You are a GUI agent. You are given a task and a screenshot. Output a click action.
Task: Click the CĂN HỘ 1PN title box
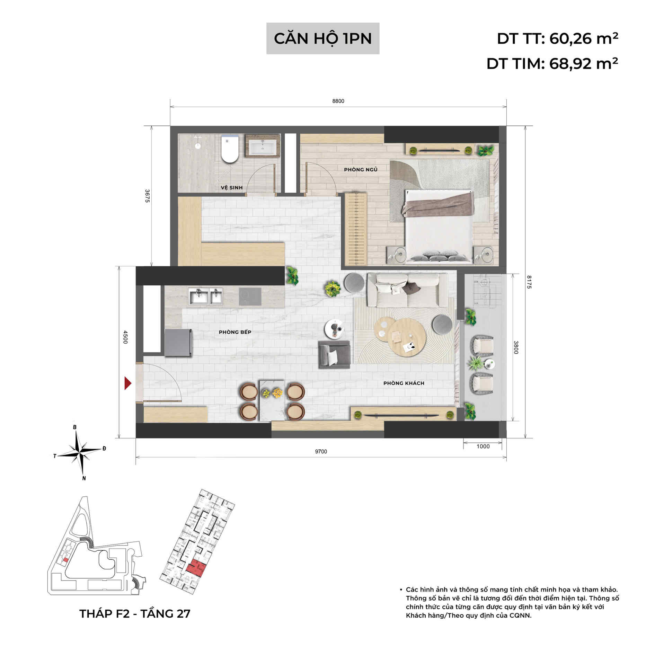coord(322,38)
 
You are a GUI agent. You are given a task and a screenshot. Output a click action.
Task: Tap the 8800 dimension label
coord(338,101)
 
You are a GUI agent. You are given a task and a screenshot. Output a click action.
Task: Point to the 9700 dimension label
coord(321,451)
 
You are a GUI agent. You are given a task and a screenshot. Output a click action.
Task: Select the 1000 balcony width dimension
coord(483,446)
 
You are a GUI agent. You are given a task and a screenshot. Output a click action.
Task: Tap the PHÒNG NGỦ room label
coord(361,169)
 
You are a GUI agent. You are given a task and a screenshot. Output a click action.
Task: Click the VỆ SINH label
coord(232,187)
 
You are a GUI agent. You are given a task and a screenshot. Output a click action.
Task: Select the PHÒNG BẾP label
coord(235,332)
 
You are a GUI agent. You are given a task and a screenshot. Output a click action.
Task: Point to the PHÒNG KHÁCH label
coord(404,383)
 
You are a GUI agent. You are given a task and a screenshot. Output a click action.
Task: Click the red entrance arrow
coord(128,383)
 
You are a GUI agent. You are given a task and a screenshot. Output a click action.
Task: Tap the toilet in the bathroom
coord(230,149)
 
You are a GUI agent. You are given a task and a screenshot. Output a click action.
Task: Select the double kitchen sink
coord(205,297)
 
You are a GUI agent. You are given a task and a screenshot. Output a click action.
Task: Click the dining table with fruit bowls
coord(272,400)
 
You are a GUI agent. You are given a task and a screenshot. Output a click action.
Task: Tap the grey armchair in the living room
coord(334,354)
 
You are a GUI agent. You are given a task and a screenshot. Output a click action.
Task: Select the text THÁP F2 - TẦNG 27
coord(135,613)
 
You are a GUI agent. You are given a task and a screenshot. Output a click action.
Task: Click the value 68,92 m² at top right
coord(583,64)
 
